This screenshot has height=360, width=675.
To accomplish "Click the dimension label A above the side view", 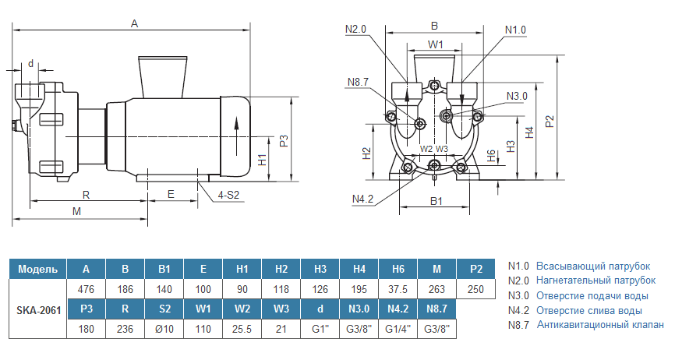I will point(134,24).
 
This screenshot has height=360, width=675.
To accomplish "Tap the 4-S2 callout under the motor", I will point(228,195).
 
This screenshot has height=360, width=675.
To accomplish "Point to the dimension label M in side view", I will point(76,212).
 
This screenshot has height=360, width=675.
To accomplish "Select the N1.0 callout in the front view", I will point(515,30).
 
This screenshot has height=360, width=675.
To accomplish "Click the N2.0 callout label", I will point(355,30).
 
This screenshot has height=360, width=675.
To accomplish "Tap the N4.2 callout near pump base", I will point(363,199).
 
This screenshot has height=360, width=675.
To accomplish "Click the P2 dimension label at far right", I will point(550,122).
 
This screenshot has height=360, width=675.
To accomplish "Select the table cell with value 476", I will point(87,289).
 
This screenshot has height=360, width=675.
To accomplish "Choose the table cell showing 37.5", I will point(398,289).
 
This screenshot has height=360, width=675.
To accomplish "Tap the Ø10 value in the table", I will point(164,329).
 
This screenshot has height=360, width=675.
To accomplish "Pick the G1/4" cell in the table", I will point(398,329).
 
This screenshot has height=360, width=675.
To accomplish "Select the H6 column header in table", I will point(398,270).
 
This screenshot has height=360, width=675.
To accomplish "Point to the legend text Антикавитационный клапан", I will point(600,325).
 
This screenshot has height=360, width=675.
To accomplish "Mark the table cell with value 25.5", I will point(242,329).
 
